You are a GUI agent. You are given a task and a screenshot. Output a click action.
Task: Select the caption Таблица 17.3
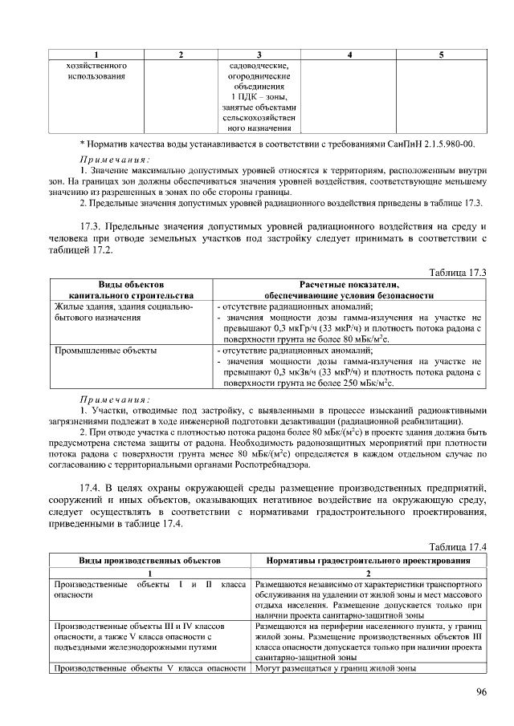459,273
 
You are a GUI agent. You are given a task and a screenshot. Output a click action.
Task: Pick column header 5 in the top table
442,54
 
